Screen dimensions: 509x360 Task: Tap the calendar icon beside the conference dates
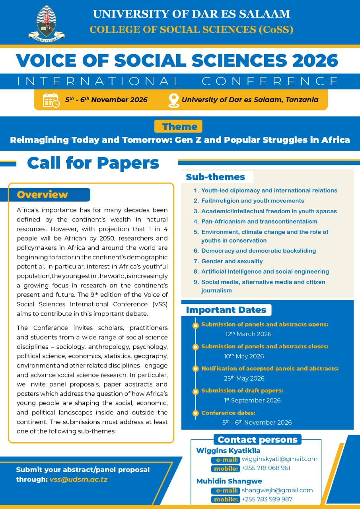(x=51, y=100)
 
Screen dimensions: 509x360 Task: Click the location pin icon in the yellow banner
(x=173, y=100)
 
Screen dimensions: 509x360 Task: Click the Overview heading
(x=43, y=195)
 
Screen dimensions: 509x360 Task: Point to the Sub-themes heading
(x=215, y=177)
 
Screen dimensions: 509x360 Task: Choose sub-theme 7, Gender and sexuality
(x=232, y=261)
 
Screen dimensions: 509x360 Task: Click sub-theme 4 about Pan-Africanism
(x=259, y=221)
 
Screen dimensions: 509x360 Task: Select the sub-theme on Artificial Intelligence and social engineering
(x=265, y=272)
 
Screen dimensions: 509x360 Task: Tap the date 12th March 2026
(x=248, y=334)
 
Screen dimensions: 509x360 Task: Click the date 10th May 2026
(x=244, y=356)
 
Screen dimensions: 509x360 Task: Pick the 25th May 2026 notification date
(x=244, y=379)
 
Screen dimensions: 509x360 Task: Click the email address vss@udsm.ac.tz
(x=78, y=480)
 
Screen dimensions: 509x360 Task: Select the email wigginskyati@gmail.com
(x=279, y=459)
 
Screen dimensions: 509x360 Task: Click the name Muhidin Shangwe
(x=229, y=481)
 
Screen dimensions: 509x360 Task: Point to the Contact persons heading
(x=257, y=440)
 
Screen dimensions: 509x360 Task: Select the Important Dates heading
(x=226, y=310)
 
